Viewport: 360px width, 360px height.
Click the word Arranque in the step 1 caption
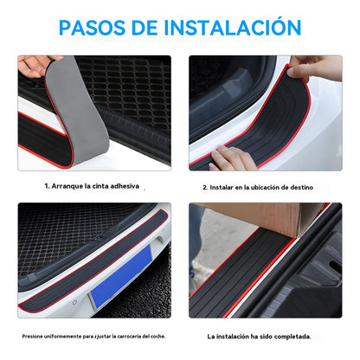pyautogui.click(x=69, y=185)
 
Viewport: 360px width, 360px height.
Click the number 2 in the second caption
pyautogui.click(x=204, y=187)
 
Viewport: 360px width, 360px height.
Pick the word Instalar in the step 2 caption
pyautogui.click(x=223, y=187)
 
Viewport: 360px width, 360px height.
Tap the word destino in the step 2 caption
pyautogui.click(x=299, y=187)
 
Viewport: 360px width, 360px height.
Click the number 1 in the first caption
pyautogui.click(x=46, y=185)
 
